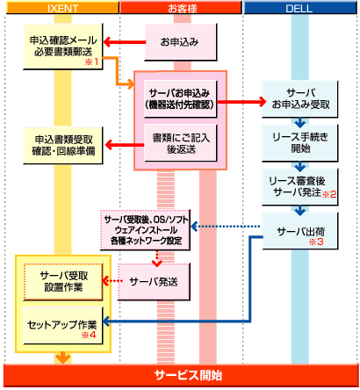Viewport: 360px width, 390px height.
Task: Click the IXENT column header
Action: pyautogui.click(x=61, y=8)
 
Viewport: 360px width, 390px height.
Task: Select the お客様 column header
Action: pyautogui.click(x=179, y=8)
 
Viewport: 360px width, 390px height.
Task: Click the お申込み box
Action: pyautogui.click(x=179, y=41)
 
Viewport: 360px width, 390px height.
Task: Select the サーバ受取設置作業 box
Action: pyautogui.click(x=62, y=280)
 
